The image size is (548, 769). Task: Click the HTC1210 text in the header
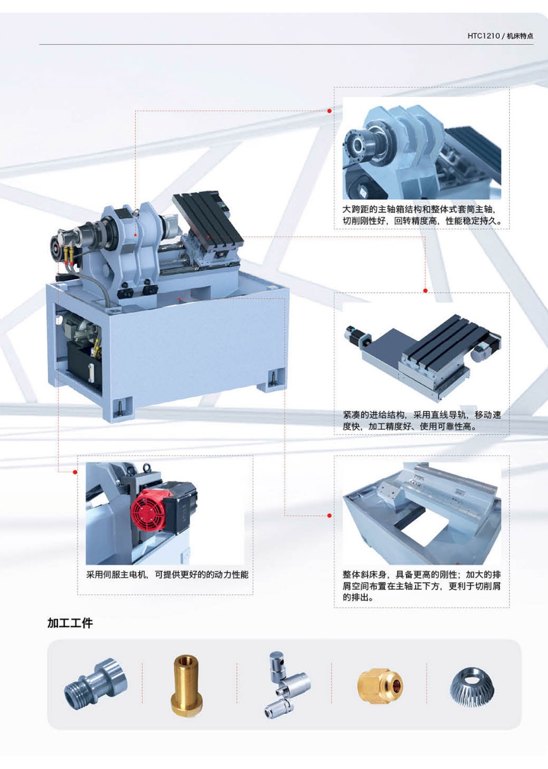483,36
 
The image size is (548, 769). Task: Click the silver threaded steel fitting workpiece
95,684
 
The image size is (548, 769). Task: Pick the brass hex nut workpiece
380,686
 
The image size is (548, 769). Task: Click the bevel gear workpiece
472,684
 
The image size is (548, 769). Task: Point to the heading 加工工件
70,623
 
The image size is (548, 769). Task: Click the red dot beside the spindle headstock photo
329,111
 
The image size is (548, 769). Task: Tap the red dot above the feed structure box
425,291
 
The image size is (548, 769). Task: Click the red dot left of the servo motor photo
75,472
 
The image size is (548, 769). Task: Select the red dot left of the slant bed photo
329,515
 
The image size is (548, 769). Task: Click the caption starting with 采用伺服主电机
167,575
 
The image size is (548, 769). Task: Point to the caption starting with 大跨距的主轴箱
422,215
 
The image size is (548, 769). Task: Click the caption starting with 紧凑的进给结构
422,421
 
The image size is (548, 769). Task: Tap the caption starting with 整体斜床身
422,586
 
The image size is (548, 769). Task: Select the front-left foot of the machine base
118,408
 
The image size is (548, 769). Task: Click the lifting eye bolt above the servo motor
147,468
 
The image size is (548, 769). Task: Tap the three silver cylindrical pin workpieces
287,685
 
